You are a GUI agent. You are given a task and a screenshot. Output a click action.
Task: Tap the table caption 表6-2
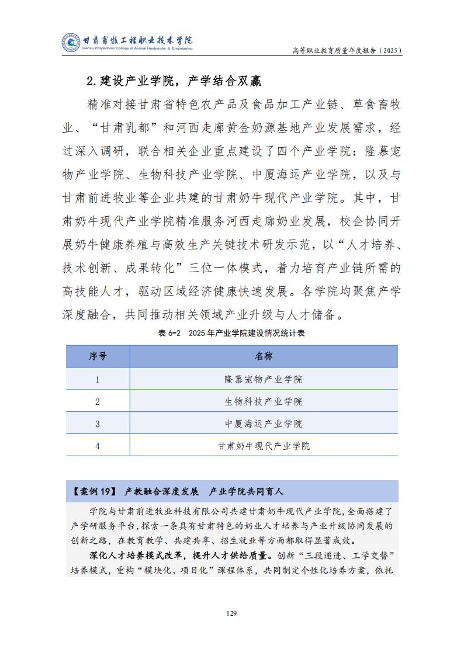[x=168, y=333]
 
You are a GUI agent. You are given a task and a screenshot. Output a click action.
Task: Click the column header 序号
[x=98, y=356]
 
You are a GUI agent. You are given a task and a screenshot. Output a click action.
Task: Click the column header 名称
[x=264, y=356]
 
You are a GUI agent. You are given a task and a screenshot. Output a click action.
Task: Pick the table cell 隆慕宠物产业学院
[x=264, y=379]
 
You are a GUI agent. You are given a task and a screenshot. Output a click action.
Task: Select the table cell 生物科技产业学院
[x=264, y=401]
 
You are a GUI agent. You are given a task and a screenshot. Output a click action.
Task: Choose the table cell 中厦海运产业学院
[x=264, y=424]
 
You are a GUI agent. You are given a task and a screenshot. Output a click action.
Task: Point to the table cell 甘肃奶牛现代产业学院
[x=264, y=446]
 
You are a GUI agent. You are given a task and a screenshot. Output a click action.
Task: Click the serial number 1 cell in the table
[x=98, y=379]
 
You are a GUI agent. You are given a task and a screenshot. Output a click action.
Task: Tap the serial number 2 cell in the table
[x=98, y=401]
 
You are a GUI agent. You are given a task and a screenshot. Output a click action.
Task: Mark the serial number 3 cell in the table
[x=98, y=424]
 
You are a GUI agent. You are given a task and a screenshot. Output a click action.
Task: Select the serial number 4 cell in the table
[x=98, y=446]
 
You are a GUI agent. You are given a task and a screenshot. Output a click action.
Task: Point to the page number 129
[x=232, y=613]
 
